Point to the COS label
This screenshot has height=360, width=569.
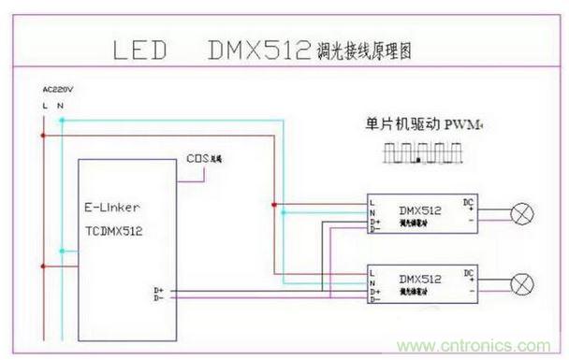click(197, 158)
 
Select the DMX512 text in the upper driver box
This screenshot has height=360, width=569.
click(414, 211)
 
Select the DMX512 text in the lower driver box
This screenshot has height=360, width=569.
click(414, 280)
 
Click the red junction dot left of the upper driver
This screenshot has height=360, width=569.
click(273, 204)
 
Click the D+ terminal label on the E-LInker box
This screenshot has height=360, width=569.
click(158, 291)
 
